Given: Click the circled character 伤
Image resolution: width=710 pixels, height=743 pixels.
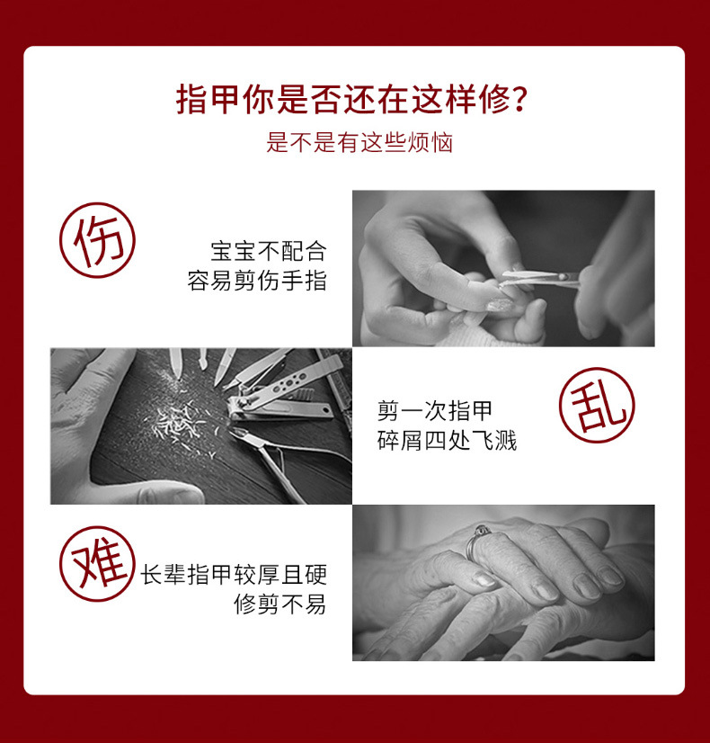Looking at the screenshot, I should tap(97, 240).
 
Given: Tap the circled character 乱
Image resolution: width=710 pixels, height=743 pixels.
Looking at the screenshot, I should tap(597, 405).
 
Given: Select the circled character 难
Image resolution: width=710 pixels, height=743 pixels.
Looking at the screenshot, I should tap(97, 564).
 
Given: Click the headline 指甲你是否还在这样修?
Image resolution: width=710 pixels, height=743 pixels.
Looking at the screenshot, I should tap(352, 99).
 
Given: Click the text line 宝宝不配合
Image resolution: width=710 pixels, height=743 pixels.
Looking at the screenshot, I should tap(268, 249).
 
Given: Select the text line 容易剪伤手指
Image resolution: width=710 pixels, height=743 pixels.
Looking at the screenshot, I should tap(256, 281).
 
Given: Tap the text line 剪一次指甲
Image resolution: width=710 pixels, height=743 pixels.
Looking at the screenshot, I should tap(435, 412).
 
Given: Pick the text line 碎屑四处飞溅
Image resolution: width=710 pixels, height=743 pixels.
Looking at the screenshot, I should tap(447, 441).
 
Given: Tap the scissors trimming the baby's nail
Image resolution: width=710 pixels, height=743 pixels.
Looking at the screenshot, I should tap(539, 279).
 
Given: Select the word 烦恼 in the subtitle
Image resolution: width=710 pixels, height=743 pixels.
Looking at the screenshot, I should tap(430, 142).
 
